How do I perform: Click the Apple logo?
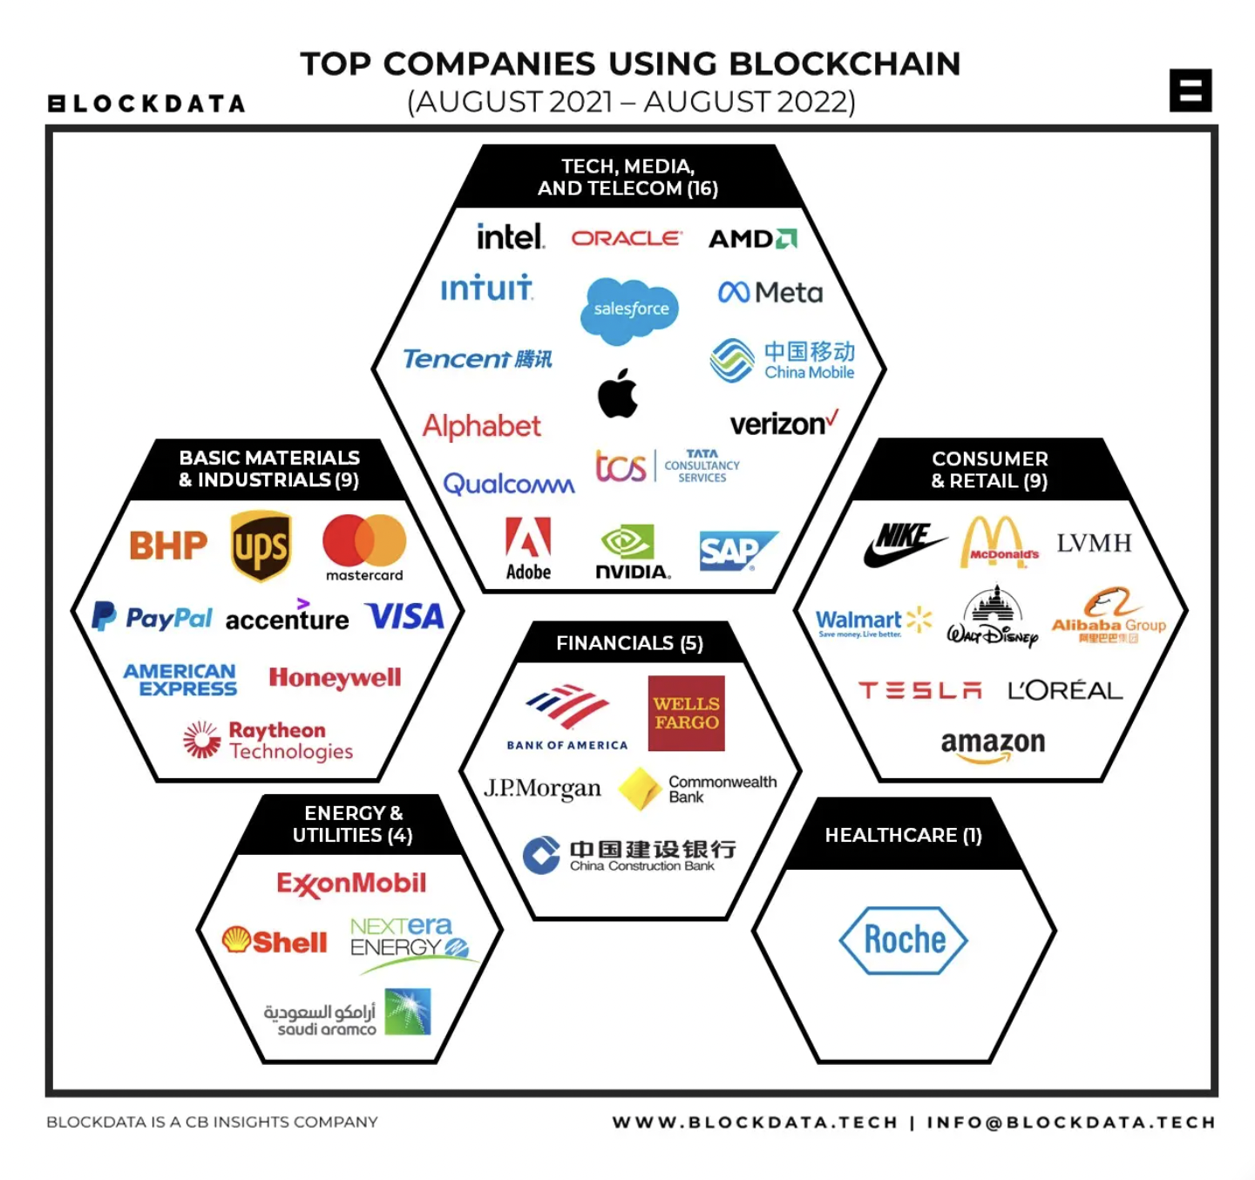(x=618, y=394)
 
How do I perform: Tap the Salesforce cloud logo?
(x=630, y=309)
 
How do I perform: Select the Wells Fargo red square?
(x=686, y=713)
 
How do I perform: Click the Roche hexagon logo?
(x=904, y=940)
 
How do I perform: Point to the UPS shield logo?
(x=261, y=546)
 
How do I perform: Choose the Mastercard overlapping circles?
(x=364, y=541)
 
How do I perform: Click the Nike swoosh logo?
(x=904, y=544)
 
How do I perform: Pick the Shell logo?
(x=275, y=941)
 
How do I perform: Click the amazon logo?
(x=992, y=745)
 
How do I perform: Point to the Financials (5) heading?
(x=629, y=643)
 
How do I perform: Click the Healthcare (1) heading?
(x=903, y=835)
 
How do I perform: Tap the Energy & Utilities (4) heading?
(x=353, y=824)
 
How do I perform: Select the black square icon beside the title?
(x=1190, y=91)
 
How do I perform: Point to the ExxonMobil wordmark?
(x=351, y=884)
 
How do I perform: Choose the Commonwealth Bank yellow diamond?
(x=640, y=788)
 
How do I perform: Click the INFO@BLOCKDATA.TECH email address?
(x=1070, y=1122)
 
